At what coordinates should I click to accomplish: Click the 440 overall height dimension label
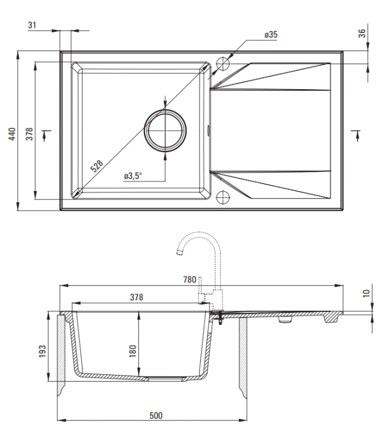[x=12, y=134]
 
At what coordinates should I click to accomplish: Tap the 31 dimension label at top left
[x=32, y=25]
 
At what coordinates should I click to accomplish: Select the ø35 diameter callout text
[x=271, y=35]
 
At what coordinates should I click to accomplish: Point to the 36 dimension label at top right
[x=362, y=33]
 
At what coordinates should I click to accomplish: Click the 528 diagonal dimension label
[x=97, y=166]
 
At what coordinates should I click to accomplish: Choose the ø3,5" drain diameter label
[x=133, y=176]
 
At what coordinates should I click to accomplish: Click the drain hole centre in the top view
[x=165, y=131]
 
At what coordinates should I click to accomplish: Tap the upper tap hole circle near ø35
[x=223, y=64]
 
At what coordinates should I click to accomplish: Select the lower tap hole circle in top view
[x=223, y=197]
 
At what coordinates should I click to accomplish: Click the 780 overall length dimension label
[x=189, y=279]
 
